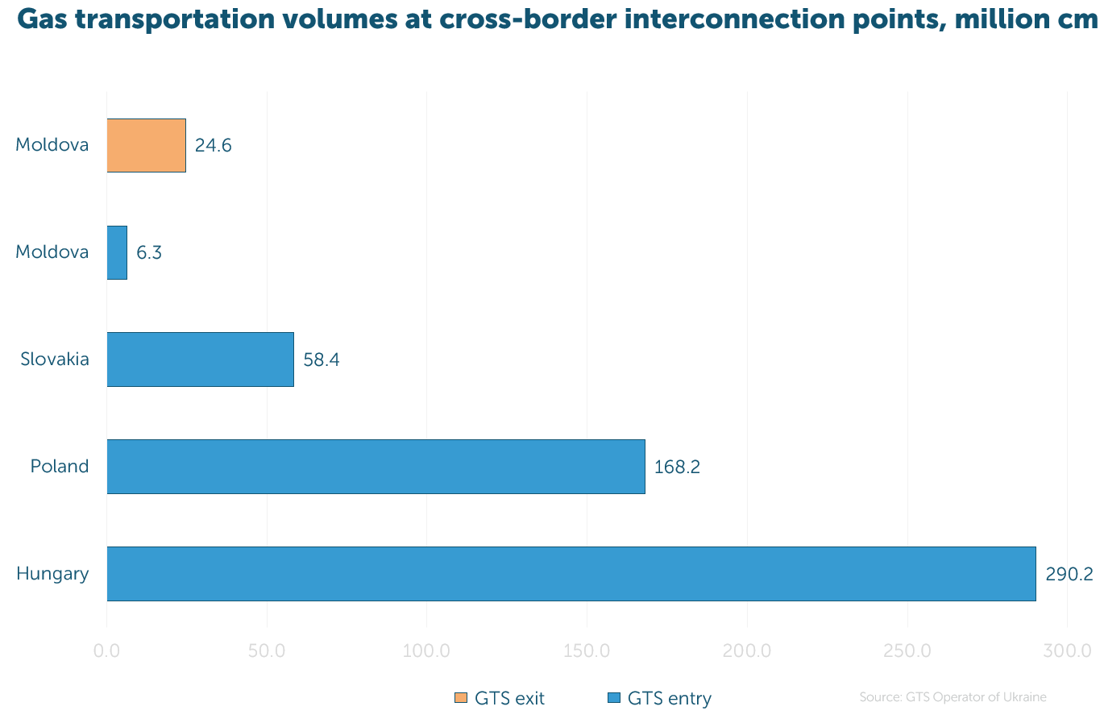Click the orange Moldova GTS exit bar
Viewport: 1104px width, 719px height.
point(147,145)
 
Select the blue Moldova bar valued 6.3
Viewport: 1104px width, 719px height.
point(118,252)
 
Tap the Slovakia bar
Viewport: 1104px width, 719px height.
point(201,359)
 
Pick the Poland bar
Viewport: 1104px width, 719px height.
point(376,467)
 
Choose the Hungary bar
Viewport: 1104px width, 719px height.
point(571,574)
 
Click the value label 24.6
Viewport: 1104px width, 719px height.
point(213,145)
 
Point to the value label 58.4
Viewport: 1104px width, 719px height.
point(322,360)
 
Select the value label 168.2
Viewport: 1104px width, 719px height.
point(677,467)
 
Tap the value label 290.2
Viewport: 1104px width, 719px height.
point(1069,574)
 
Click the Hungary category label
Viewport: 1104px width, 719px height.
point(52,574)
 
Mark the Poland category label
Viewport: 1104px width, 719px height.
point(59,466)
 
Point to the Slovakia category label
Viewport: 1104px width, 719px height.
point(55,359)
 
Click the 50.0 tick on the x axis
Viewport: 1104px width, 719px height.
point(267,651)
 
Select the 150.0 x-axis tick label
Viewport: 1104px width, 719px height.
point(587,651)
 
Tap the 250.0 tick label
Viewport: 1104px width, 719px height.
point(907,651)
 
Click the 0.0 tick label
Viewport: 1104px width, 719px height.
point(106,651)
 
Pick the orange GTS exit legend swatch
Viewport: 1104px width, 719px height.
point(461,698)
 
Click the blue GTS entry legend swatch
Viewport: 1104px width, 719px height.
point(614,698)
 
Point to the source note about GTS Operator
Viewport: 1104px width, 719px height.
point(953,696)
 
